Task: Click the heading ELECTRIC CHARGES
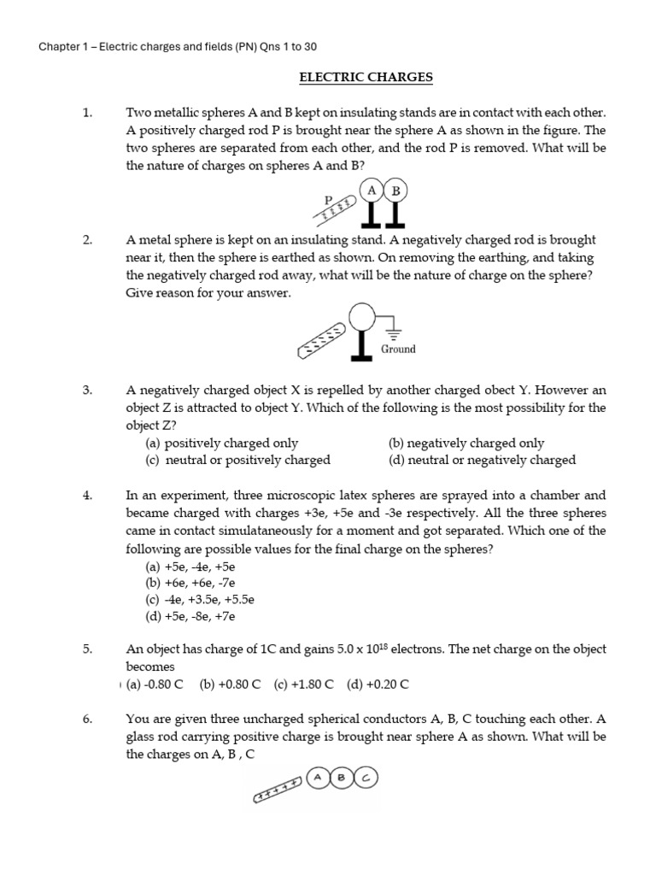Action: pyautogui.click(x=366, y=78)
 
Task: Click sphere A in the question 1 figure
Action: pyautogui.click(x=372, y=191)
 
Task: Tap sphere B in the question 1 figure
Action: pyautogui.click(x=395, y=191)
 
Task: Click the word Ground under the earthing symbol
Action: pyautogui.click(x=398, y=349)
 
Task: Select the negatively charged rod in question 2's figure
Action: pyautogui.click(x=322, y=338)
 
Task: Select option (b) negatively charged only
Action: pyautogui.click(x=466, y=443)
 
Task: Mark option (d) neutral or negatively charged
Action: pyautogui.click(x=482, y=460)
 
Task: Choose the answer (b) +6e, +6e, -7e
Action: pyautogui.click(x=190, y=583)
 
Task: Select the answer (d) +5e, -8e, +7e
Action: pyautogui.click(x=190, y=615)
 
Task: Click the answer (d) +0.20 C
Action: pyautogui.click(x=378, y=684)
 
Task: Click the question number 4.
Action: pyautogui.click(x=87, y=495)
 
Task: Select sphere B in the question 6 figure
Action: pyautogui.click(x=342, y=778)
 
